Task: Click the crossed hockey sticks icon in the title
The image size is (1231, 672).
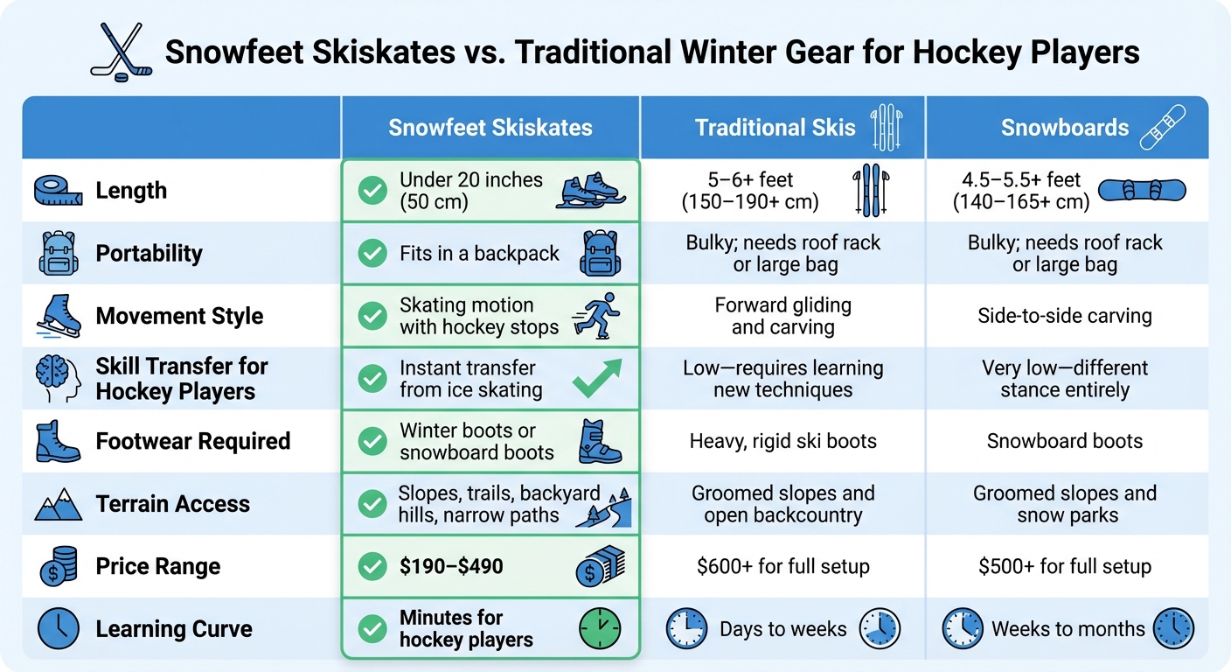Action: point(121,52)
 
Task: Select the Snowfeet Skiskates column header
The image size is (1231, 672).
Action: point(490,128)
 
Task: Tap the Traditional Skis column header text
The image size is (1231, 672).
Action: point(775,128)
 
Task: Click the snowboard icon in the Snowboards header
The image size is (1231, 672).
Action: point(1163,128)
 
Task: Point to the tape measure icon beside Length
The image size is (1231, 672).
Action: point(59,191)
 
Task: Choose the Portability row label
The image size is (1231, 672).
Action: point(149,254)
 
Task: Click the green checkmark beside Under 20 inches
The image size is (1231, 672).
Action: point(373,191)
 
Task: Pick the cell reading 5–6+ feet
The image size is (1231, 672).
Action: point(749,191)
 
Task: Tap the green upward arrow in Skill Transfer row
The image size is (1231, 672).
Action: point(597,379)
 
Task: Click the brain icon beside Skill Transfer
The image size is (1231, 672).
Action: point(59,379)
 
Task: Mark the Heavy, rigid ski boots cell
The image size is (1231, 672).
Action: point(782,441)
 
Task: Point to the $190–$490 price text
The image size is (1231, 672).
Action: point(451,566)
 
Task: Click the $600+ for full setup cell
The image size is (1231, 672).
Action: point(782,566)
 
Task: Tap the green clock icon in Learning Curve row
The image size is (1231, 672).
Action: point(600,628)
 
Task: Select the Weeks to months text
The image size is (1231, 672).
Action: point(1068,628)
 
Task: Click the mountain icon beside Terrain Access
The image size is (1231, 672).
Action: point(59,504)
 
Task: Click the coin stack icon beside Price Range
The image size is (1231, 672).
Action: point(59,566)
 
